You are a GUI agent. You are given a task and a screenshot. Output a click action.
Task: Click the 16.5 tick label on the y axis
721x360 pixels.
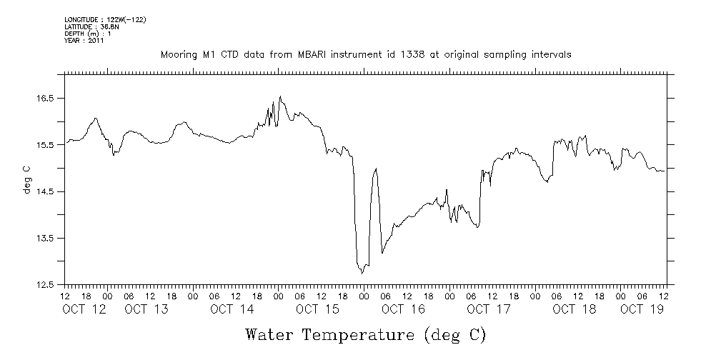(46, 98)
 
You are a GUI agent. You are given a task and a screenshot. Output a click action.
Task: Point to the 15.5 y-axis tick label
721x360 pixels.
(46, 145)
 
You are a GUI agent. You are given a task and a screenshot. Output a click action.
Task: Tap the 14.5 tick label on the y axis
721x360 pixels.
(46, 191)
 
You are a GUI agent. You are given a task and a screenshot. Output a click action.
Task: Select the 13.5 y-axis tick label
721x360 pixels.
(46, 239)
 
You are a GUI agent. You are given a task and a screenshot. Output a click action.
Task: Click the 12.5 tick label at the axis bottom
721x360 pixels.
(46, 285)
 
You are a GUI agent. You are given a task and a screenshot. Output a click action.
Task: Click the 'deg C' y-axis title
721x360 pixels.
(26, 180)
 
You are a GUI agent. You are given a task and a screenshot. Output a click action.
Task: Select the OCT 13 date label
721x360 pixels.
(146, 309)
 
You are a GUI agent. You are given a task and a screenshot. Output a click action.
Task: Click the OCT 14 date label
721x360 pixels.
(232, 309)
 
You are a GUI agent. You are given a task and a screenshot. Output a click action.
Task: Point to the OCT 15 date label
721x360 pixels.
(317, 309)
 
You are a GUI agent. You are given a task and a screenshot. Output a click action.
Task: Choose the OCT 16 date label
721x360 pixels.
(403, 309)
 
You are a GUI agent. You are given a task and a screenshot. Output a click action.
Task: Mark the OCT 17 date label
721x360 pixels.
(489, 309)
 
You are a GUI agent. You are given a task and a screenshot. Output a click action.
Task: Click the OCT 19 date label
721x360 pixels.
(642, 309)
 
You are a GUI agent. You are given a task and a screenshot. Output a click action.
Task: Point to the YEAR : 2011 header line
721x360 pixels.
(84, 41)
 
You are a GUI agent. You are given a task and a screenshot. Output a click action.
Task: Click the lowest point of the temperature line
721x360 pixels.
(362, 273)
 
